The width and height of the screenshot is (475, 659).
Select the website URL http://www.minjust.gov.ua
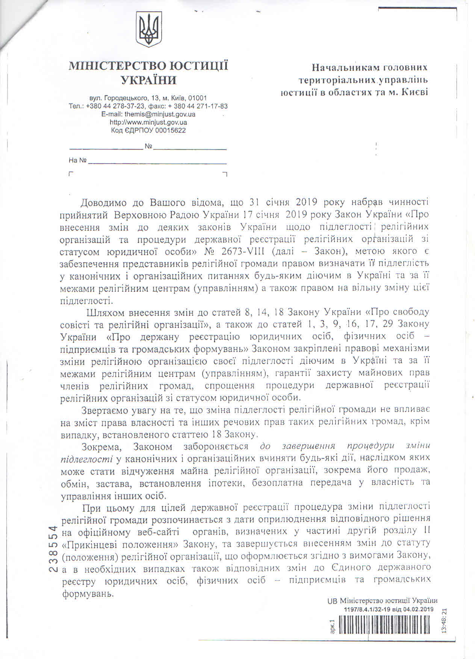(148, 123)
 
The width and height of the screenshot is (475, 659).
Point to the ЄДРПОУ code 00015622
(170, 131)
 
